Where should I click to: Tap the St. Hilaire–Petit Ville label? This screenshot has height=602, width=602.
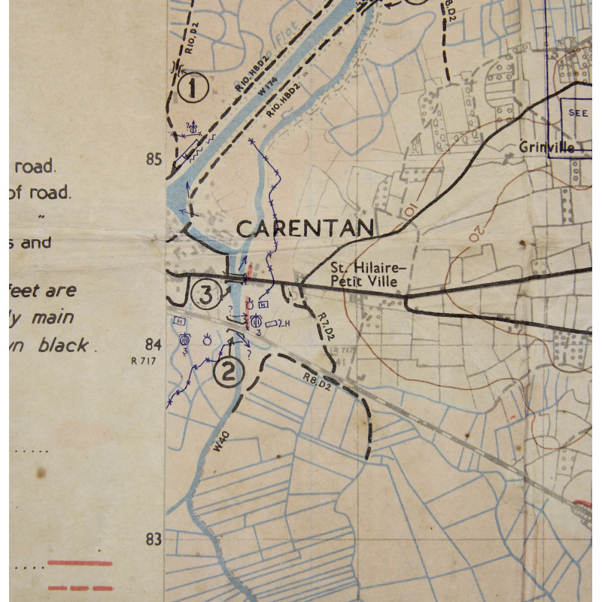(x=367, y=275)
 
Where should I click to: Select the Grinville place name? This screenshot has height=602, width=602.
(x=546, y=147)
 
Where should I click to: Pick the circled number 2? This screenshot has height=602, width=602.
(x=230, y=371)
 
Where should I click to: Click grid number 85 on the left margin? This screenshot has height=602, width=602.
(x=154, y=160)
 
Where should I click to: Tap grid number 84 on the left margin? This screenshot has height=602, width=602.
(x=154, y=345)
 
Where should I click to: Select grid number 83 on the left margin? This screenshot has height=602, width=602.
(x=154, y=539)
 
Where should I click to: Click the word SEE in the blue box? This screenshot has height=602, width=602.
(x=579, y=113)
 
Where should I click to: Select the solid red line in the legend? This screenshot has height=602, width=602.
(x=80, y=563)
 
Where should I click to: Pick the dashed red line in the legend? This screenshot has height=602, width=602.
(x=80, y=588)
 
